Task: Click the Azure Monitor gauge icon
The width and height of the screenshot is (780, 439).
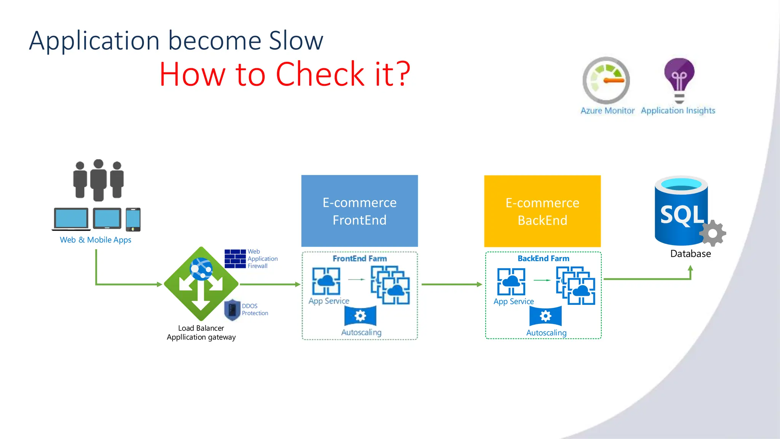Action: tap(606, 80)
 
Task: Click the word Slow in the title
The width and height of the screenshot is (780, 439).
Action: tap(296, 40)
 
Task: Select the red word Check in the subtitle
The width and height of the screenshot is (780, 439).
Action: tap(320, 74)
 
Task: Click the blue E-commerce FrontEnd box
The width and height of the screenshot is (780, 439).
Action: tap(360, 211)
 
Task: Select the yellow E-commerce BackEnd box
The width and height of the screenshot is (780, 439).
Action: tap(542, 211)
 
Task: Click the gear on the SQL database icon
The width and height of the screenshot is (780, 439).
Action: tap(713, 233)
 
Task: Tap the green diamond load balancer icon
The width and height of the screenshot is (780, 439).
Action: tap(201, 284)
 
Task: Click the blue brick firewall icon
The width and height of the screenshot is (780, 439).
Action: tap(235, 259)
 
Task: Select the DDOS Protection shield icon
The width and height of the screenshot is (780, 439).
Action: tap(232, 309)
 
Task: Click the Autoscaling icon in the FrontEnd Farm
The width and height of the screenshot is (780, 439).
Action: tap(360, 316)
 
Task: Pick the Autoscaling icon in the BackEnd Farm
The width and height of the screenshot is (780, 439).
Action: tap(545, 316)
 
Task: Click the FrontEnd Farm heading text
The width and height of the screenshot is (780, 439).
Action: tap(360, 258)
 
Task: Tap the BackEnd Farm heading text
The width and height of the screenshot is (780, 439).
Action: tap(543, 258)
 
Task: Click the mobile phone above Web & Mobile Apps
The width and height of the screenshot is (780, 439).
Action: tap(133, 219)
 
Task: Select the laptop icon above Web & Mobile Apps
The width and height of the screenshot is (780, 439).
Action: tap(71, 219)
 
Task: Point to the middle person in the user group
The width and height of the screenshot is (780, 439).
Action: tap(98, 180)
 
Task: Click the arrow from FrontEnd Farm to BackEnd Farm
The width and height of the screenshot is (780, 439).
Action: tap(451, 284)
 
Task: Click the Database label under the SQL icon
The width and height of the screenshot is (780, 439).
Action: tap(690, 254)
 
